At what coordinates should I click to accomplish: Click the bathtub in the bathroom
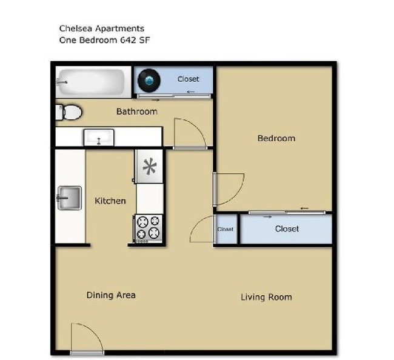(x=91, y=81)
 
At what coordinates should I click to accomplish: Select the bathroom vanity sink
(x=98, y=137)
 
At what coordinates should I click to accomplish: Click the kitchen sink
(x=69, y=198)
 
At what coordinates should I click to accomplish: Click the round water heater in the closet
(x=148, y=80)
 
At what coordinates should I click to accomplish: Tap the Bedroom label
(x=276, y=138)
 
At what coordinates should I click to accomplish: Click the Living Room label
(x=266, y=297)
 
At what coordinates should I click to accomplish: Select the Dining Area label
(x=111, y=295)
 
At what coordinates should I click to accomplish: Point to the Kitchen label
(x=110, y=201)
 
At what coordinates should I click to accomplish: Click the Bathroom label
(x=136, y=112)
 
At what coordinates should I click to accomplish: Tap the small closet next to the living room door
(x=225, y=230)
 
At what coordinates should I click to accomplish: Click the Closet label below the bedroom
(x=287, y=229)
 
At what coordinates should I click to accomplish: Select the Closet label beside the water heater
(x=188, y=79)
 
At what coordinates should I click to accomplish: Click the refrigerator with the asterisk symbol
(x=150, y=166)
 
